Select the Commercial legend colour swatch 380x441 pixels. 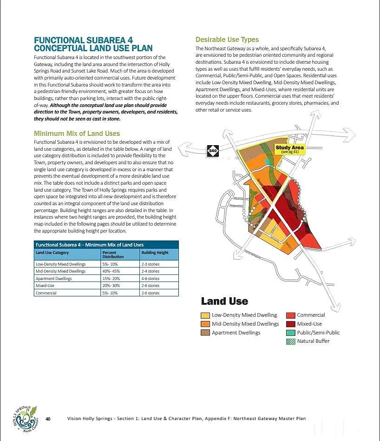click(291, 315)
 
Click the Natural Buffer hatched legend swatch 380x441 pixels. click(291, 341)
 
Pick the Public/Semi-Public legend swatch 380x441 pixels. click(291, 333)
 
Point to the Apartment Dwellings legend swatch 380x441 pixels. click(205, 333)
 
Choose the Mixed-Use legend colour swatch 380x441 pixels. click(291, 324)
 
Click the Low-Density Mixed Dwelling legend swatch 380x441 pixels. click(205, 315)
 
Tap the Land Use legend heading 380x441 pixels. click(224, 301)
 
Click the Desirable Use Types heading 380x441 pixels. click(227, 40)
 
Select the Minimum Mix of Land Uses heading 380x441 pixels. click(77, 134)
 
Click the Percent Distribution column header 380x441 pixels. click(113, 254)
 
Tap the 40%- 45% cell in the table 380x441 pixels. click(111, 271)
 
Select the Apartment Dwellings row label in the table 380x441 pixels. click(54, 278)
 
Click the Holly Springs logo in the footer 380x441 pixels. click(25, 419)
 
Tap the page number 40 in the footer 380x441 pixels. click(48, 419)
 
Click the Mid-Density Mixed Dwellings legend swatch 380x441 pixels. click(205, 324)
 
